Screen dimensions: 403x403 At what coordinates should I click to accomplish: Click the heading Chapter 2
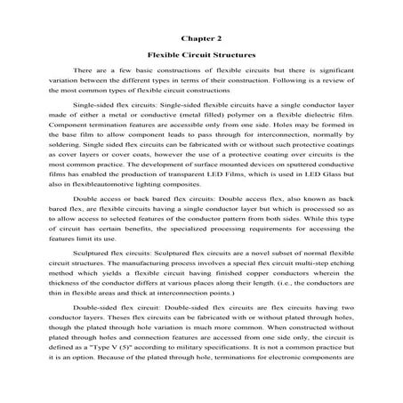(x=201, y=38)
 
